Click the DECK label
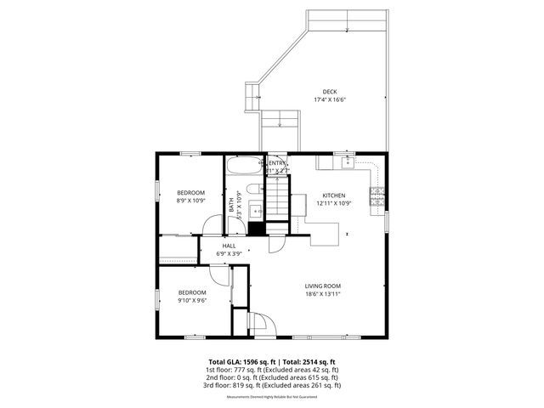pos(329,92)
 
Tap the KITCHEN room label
pos(333,195)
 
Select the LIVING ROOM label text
pos(323,286)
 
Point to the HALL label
pos(229,246)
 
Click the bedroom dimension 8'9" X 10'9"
pos(190,201)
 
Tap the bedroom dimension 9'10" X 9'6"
pos(192,300)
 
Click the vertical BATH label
pos(231,205)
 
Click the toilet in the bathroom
pos(251,189)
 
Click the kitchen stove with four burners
pos(377,197)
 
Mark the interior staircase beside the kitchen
pos(277,200)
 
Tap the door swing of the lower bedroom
pos(218,275)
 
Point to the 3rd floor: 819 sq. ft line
pos(272,385)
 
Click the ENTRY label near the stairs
pos(278,163)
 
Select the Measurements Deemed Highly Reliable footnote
pos(272,397)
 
